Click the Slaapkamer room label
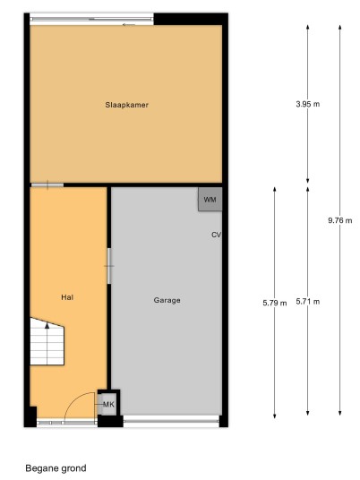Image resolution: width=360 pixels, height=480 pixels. click(x=127, y=105)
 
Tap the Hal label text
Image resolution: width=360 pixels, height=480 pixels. click(x=67, y=297)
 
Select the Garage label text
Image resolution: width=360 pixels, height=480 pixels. click(x=167, y=300)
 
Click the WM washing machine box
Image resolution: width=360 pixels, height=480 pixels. click(x=210, y=200)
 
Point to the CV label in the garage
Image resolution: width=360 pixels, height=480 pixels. click(x=216, y=235)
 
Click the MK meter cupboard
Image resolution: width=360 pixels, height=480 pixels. click(x=108, y=405)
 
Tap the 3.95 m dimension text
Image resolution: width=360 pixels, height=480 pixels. click(x=308, y=104)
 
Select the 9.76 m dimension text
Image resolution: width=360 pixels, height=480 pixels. click(x=340, y=220)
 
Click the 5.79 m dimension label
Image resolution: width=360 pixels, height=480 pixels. click(x=275, y=303)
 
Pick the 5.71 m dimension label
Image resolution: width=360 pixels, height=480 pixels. click(x=308, y=302)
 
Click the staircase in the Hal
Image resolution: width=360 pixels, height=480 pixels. click(x=47, y=341)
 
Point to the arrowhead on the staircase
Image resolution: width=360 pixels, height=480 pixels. click(x=47, y=326)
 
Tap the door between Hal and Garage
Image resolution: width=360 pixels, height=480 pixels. click(x=108, y=266)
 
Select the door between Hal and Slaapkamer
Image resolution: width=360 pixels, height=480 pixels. click(x=47, y=184)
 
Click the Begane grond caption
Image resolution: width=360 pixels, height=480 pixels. click(x=56, y=468)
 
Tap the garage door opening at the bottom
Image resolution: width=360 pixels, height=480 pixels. click(x=171, y=421)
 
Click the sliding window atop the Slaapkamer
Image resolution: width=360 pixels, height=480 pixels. click(x=92, y=20)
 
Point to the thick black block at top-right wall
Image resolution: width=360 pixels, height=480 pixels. click(x=191, y=19)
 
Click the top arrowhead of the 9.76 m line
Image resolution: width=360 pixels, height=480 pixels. click(x=339, y=27)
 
